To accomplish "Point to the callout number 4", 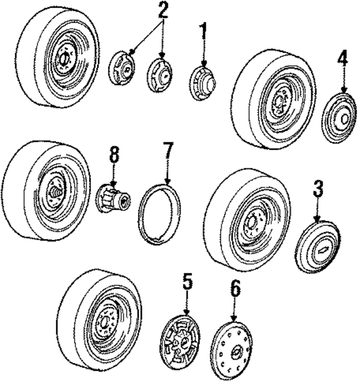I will pos(343,59).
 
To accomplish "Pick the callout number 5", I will pos(187,281).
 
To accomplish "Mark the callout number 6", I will pos(235,290).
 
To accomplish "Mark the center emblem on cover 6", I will pos(235,355).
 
